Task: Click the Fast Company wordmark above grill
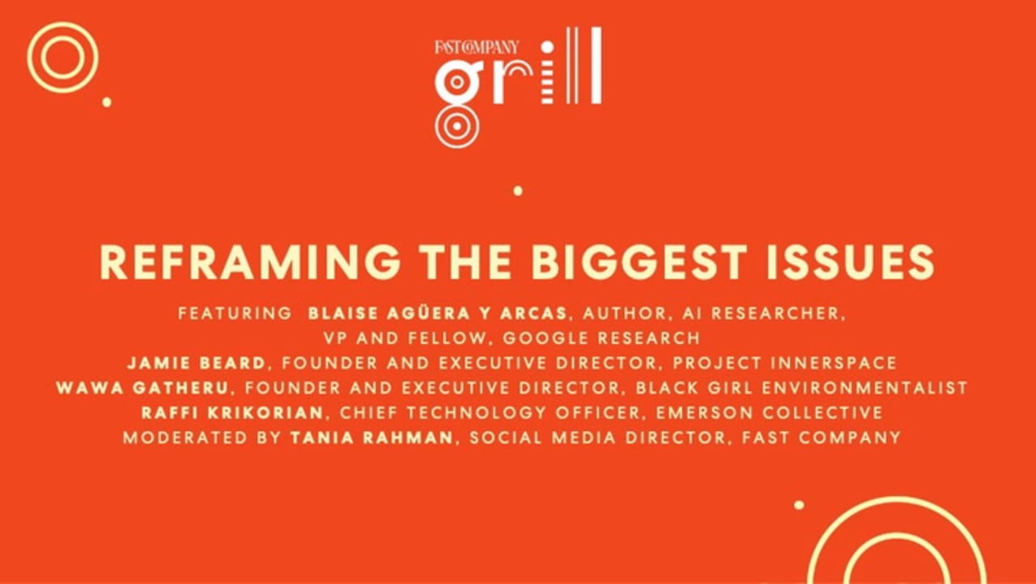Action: click(477, 47)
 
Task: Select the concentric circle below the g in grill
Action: click(456, 126)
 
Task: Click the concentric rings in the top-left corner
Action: click(62, 57)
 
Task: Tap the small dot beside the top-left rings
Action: click(106, 102)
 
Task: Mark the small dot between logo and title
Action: click(518, 191)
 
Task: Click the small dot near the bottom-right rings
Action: click(799, 505)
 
